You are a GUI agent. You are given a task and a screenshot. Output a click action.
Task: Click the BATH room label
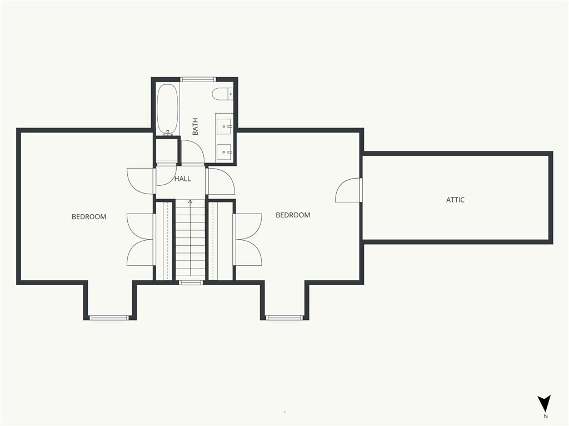pos(195,126)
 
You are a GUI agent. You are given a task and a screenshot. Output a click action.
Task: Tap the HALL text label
pos(182,179)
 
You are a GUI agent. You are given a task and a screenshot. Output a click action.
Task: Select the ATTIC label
pos(456,200)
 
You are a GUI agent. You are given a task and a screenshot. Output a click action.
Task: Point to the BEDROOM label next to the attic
pos(293,215)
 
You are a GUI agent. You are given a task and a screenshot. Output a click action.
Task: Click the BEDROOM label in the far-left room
pos(89,217)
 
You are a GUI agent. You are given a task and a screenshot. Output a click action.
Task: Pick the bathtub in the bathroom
pos(167,109)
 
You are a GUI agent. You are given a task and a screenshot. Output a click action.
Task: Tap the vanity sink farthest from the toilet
pos(224,152)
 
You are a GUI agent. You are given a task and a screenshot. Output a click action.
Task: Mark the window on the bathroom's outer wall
pos(198,79)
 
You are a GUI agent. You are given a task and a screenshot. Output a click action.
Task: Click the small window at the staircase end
pos(191,282)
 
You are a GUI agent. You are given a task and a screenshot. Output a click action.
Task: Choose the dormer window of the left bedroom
pos(109,318)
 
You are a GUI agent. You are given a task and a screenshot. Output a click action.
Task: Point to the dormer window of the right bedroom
pos(284,318)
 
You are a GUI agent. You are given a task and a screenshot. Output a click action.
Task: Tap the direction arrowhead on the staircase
pos(190,201)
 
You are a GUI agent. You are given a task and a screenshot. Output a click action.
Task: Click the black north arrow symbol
pos(544,403)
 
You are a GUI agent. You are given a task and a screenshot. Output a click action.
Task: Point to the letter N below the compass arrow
pos(546,417)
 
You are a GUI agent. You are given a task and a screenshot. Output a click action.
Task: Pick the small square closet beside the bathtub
pos(167,150)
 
